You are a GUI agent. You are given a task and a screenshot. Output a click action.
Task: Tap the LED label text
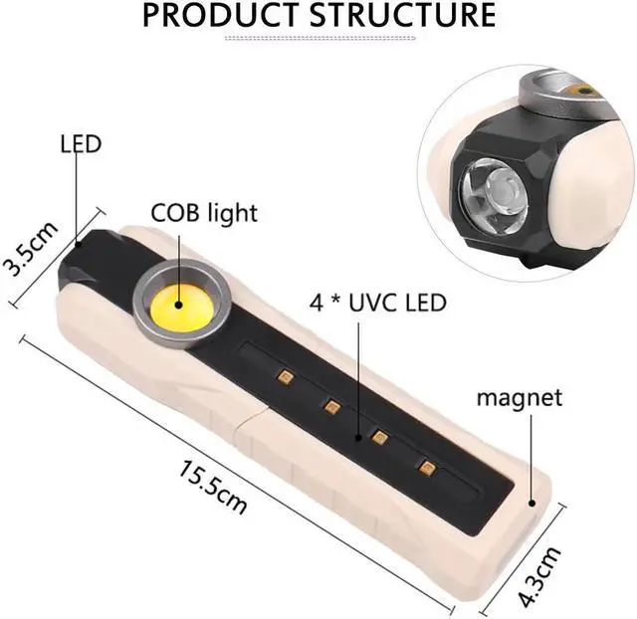point(81,144)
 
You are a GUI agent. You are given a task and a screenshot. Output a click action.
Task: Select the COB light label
point(204,212)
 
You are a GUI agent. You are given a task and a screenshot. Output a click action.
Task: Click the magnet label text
point(519,398)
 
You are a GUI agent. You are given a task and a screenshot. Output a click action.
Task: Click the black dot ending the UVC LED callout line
point(360,436)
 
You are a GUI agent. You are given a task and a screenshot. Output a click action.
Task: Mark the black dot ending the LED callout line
point(78,242)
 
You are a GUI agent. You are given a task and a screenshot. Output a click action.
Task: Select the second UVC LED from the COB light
point(332,405)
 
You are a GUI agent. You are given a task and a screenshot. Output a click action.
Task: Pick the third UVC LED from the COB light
point(379,435)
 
